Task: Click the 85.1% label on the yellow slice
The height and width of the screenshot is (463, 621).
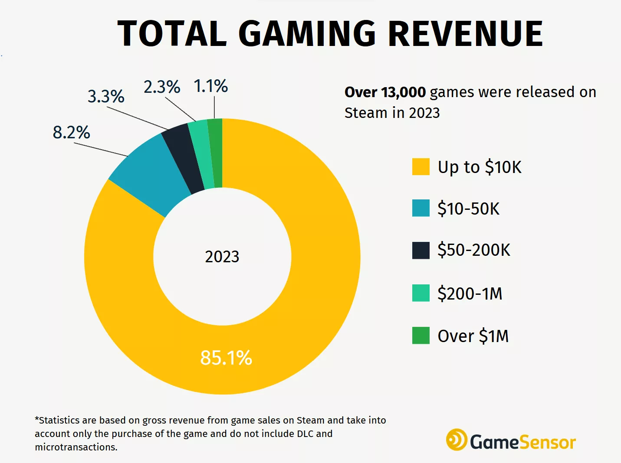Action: pos(226,358)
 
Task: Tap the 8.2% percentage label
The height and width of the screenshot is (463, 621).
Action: pos(72,132)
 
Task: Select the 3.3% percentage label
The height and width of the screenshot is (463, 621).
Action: pos(106,96)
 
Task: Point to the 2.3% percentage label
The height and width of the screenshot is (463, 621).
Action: pos(162,87)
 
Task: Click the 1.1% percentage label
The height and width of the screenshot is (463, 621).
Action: pos(210,86)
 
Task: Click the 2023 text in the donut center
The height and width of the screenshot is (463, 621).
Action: pos(222,257)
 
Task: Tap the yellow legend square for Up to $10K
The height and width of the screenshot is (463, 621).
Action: pos(421,167)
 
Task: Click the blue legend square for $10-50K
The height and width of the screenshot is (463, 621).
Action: pos(421,208)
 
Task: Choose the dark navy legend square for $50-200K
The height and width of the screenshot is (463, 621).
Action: pos(421,250)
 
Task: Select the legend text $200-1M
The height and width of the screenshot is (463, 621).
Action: pos(470,293)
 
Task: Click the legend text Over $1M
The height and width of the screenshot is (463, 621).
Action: pos(473,336)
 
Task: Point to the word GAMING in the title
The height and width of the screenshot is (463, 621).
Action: pos(307,34)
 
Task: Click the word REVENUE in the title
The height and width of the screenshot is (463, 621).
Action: pos(465,34)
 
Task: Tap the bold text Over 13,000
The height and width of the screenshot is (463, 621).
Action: pos(385,92)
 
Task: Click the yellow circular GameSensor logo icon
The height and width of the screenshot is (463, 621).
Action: pos(457,440)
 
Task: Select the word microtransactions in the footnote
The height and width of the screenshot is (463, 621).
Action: pos(76,447)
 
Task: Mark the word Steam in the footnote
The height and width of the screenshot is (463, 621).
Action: pos(310,420)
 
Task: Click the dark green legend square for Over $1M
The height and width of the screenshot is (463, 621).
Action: pos(421,336)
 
